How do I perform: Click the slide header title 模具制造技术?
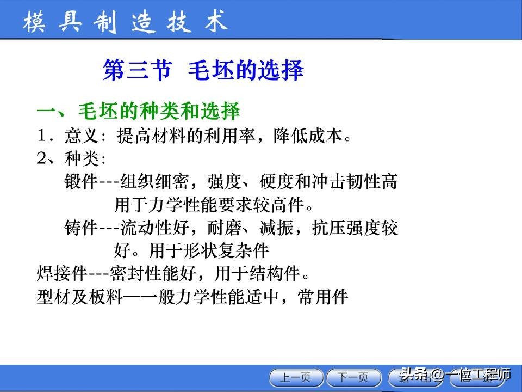point(125,23)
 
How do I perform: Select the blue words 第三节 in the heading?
point(137,71)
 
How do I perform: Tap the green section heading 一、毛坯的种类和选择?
point(138,111)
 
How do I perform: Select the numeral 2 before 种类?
point(41,158)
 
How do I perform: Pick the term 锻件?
point(80,182)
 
